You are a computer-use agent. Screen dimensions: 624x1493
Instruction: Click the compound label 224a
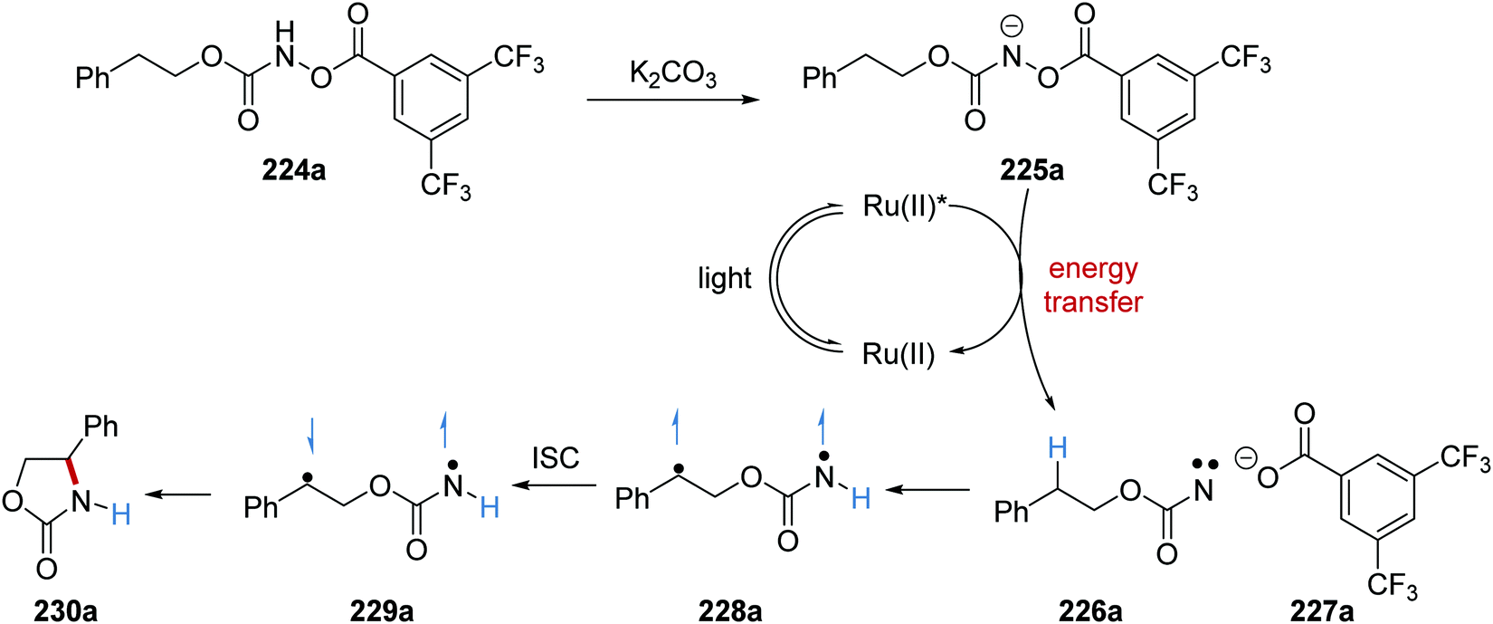294,169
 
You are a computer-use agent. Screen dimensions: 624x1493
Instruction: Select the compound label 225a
1032,169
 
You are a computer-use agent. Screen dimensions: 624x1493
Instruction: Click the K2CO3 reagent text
673,74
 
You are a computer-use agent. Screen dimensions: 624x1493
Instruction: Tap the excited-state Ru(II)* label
904,206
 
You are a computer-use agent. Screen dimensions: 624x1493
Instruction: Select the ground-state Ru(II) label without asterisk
899,354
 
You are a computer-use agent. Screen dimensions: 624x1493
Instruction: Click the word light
725,279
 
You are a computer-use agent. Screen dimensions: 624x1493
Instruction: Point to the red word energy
1093,270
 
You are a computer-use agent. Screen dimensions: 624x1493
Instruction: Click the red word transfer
1093,301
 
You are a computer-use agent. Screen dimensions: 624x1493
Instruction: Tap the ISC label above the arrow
555,458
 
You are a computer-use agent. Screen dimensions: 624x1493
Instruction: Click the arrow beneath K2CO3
672,100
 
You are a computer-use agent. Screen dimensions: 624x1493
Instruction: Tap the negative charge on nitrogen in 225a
1013,28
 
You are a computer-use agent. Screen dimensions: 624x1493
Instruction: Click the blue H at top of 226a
1058,447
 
